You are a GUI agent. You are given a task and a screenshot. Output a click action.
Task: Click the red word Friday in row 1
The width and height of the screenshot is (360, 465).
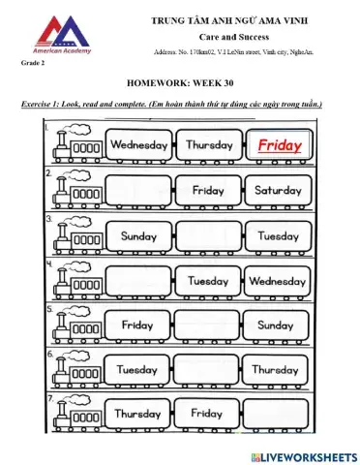coord(279,146)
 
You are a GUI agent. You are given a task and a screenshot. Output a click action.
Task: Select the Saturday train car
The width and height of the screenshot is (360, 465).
coord(278,191)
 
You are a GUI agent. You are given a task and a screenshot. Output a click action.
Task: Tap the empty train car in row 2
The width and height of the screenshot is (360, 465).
coord(138,191)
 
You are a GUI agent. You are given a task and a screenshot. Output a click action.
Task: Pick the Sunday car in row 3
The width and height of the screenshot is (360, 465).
coord(138,235)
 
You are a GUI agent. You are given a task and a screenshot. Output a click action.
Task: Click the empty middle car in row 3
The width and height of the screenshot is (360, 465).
coord(208,235)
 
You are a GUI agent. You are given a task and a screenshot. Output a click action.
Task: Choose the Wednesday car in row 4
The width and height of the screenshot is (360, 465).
coord(278,281)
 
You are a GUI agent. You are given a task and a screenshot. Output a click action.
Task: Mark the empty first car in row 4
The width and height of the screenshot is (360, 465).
coord(138,281)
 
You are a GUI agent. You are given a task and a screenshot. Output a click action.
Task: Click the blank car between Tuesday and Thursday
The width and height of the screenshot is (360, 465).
coord(208,370)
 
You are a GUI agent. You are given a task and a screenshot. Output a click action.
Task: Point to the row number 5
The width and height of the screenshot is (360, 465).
coord(49,310)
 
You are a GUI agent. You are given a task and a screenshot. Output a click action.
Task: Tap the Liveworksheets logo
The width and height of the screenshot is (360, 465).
coord(302,455)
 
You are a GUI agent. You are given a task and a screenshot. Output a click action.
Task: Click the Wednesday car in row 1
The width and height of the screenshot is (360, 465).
coord(138,146)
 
